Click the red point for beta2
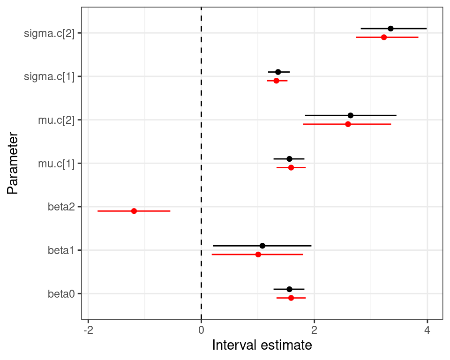134,211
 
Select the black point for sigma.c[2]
390,29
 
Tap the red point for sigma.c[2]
384,37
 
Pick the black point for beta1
262,246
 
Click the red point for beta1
258,255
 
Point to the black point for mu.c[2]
351,115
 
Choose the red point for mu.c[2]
348,124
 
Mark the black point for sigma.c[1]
278,72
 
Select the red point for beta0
291,298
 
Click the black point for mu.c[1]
289,159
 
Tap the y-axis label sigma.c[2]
49,33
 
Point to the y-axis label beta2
61,207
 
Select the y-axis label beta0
61,294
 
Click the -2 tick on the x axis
88,330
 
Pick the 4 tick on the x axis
427,330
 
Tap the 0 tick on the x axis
201,330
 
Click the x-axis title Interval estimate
262,345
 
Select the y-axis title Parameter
13,164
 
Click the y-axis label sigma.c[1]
49,76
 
